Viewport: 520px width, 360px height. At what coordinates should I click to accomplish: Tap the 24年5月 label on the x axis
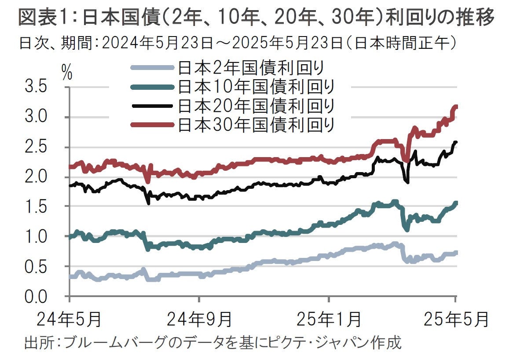click(x=69, y=319)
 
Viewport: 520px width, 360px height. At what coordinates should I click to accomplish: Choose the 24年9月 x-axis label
click(x=199, y=319)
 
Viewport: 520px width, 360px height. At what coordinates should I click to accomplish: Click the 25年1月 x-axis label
click(x=329, y=319)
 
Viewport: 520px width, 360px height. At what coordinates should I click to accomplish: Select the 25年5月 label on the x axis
click(x=455, y=319)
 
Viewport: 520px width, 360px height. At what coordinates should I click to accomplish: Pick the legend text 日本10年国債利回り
click(x=256, y=87)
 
